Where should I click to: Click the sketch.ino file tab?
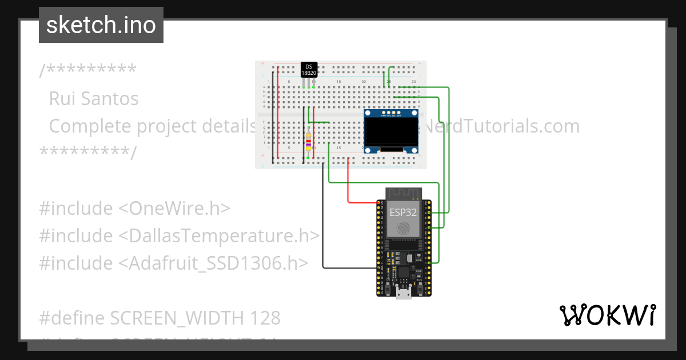101,25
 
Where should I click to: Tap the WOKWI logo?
607,315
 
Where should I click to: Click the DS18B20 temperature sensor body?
309,70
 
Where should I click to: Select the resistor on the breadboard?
309,143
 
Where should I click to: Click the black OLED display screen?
392,132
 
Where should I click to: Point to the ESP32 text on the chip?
403,212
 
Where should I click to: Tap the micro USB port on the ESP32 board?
404,293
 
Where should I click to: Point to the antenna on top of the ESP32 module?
404,193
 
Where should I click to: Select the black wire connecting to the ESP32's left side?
349,267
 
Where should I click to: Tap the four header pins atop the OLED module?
392,113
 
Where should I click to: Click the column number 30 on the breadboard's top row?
413,82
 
